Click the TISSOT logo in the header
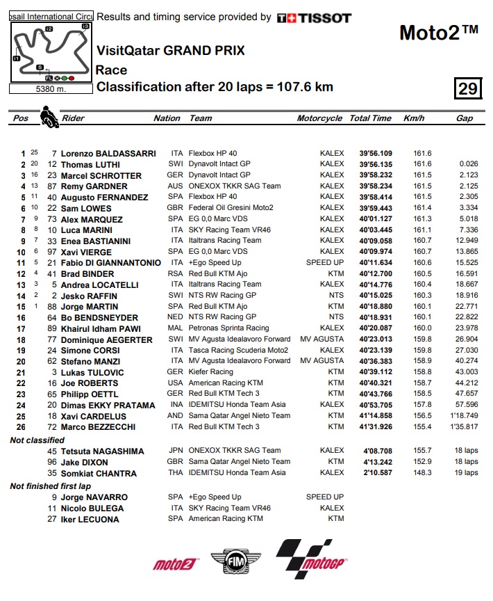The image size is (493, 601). [x=314, y=18]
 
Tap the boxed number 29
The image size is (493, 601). [x=467, y=88]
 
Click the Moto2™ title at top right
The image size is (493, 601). [x=439, y=32]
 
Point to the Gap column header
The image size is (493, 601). [x=465, y=118]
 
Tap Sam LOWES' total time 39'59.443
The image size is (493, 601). [x=375, y=208]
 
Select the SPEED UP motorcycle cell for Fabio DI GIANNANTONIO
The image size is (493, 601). [x=324, y=262]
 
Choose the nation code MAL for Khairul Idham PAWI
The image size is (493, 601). [x=176, y=328]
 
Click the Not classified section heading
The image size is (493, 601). [x=37, y=440]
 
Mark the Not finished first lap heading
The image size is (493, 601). [x=49, y=486]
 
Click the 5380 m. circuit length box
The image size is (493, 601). [x=50, y=89]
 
